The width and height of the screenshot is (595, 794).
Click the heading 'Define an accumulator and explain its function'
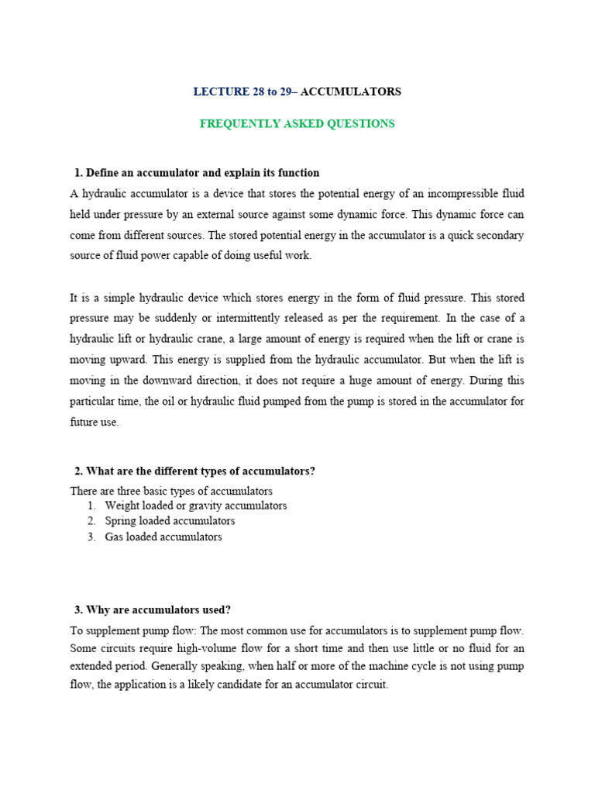click(x=202, y=173)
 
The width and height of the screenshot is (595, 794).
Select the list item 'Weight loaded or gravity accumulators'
click(x=195, y=506)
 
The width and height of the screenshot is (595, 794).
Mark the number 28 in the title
click(x=258, y=91)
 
